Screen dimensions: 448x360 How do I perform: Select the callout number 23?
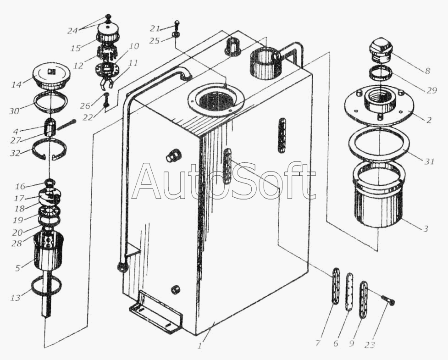[369, 345]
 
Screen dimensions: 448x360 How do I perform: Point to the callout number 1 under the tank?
[200, 346]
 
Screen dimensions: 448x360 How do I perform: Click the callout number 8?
[427, 71]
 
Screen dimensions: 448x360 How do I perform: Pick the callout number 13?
[16, 298]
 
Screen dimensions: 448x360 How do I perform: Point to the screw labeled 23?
[388, 300]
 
